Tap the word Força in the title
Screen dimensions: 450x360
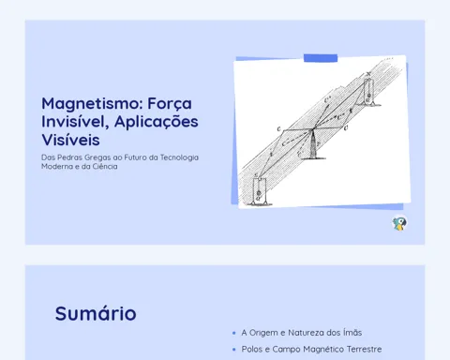click(170, 103)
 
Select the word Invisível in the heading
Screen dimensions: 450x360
click(75, 121)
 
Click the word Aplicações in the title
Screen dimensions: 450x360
click(157, 122)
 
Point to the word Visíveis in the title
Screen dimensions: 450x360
click(70, 140)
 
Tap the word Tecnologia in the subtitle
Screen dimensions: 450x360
click(179, 157)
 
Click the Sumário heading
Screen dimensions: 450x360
click(96, 313)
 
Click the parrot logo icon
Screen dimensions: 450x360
click(399, 223)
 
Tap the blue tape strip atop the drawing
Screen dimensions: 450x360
click(321, 58)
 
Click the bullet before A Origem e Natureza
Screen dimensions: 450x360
click(234, 333)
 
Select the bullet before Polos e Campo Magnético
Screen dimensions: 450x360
click(234, 350)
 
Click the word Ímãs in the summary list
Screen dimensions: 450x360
click(352, 333)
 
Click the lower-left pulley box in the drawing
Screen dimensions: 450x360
click(259, 191)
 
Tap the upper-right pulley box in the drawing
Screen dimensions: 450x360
click(369, 92)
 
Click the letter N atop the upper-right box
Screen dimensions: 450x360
click(368, 74)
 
